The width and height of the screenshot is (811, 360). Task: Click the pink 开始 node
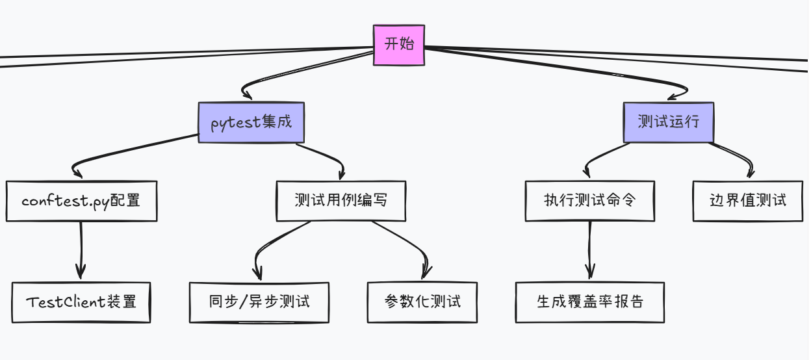pyautogui.click(x=398, y=45)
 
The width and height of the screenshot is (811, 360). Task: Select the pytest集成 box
pyautogui.click(x=251, y=123)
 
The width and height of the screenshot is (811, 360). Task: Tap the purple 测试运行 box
pyautogui.click(x=668, y=122)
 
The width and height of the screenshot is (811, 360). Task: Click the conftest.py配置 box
pyautogui.click(x=81, y=201)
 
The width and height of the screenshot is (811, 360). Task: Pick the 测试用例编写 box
pyautogui.click(x=341, y=201)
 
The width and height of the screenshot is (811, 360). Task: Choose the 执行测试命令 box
pyautogui.click(x=589, y=201)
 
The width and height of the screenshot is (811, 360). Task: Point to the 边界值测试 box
pyautogui.click(x=748, y=201)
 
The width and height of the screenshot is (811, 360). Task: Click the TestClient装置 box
pyautogui.click(x=81, y=302)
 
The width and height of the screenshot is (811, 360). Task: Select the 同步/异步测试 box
pyautogui.click(x=259, y=302)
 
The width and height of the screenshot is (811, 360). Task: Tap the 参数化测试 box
pyautogui.click(x=422, y=302)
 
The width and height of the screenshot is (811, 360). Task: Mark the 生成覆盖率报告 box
pyautogui.click(x=589, y=302)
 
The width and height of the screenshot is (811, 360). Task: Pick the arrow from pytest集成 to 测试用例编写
pyautogui.click(x=325, y=153)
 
